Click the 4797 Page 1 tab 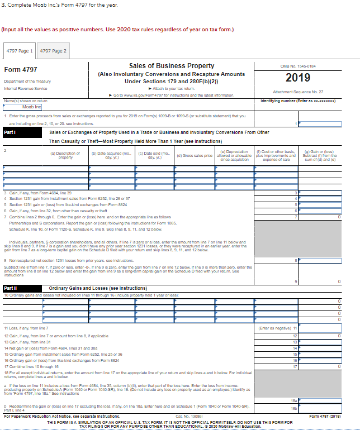(x=20, y=51)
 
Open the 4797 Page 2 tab (x=53, y=51)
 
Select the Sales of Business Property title (x=171, y=66)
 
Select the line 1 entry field (x=325, y=122)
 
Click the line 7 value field (x=325, y=216)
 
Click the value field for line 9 (x=325, y=281)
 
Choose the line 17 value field (x=325, y=366)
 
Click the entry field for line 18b (x=325, y=409)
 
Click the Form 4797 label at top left (x=21, y=70)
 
